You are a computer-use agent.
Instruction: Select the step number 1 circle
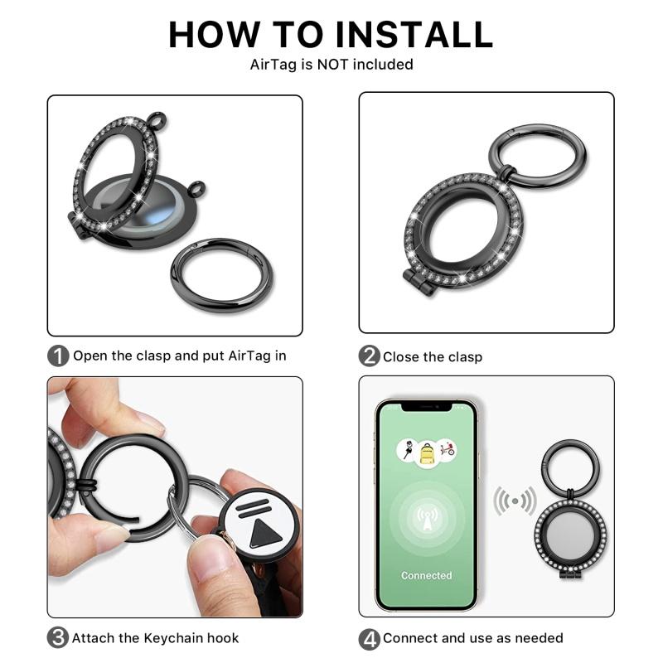click(x=58, y=356)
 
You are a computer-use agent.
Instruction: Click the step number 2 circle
click(x=369, y=356)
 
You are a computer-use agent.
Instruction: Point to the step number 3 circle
click(x=58, y=638)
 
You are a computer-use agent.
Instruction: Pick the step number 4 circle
click(x=369, y=638)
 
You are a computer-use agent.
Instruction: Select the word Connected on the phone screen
click(x=426, y=575)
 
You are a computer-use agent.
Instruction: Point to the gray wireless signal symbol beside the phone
click(x=515, y=501)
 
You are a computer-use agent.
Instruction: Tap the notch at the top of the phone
click(x=426, y=406)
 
